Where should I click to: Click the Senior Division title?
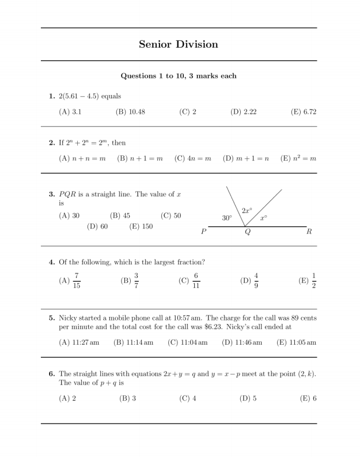179,44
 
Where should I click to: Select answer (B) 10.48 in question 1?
130,112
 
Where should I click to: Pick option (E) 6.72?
304,112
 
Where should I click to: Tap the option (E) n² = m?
298,158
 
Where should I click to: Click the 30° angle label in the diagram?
227,218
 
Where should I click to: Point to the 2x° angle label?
247,211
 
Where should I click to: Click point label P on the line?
203,232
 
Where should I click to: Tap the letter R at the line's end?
309,232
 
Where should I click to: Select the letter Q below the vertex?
248,232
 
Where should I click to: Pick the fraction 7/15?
77,281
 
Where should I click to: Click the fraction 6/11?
196,281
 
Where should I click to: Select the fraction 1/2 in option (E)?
314,281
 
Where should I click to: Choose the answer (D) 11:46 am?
242,342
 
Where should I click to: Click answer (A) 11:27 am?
79,342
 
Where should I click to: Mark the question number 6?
51,374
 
